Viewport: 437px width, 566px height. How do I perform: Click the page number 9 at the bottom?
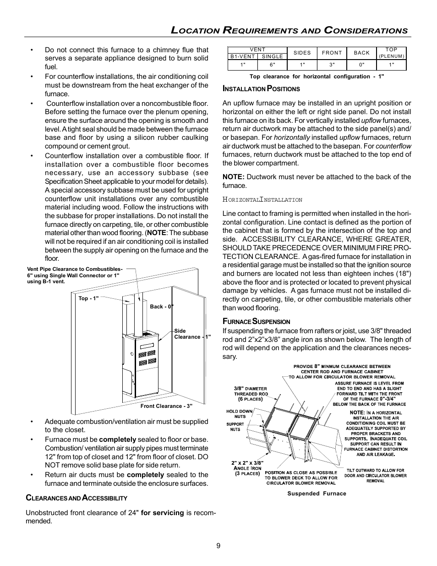[x=218, y=545]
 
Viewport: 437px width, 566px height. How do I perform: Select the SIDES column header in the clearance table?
[x=302, y=53]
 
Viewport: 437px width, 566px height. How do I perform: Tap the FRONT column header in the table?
[x=332, y=53]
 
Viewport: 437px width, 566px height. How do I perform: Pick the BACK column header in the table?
[x=362, y=53]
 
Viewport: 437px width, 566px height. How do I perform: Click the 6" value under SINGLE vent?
[x=273, y=65]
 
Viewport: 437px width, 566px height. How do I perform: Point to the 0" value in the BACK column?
[x=362, y=65]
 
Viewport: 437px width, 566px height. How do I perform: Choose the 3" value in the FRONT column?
[x=332, y=65]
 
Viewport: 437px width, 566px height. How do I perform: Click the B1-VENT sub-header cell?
[x=243, y=57]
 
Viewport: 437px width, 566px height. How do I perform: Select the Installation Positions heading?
[x=261, y=89]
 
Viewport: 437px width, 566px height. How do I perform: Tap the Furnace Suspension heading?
[x=256, y=322]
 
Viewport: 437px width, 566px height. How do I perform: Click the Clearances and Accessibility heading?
[x=76, y=498]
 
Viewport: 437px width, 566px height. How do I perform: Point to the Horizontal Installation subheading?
[x=262, y=200]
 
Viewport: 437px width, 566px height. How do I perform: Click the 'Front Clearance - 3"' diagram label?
[x=166, y=406]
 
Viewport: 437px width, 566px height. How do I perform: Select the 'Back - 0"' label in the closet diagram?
[x=162, y=307]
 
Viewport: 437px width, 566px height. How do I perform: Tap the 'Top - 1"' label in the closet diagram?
[x=88, y=298]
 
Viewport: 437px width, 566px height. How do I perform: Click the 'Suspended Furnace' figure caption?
[x=317, y=494]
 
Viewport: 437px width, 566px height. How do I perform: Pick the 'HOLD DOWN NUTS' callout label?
[x=239, y=414]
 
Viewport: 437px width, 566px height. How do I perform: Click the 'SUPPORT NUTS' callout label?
[x=235, y=427]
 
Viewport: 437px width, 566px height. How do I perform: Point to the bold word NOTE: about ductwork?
[x=234, y=177]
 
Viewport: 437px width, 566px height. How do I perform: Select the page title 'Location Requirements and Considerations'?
[x=289, y=31]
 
